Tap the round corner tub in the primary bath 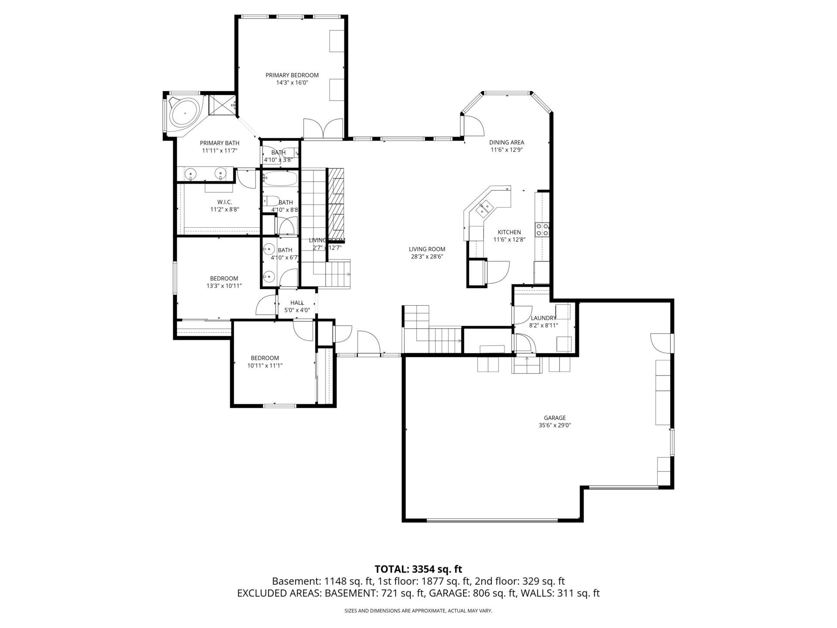(x=185, y=113)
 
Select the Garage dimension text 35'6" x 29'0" (x=555, y=425)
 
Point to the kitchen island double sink (x=485, y=208)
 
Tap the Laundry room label (x=543, y=318)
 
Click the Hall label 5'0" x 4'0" (x=297, y=306)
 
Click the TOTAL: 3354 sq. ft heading (x=418, y=569)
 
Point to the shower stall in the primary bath (x=222, y=105)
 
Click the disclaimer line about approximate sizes (x=418, y=611)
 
